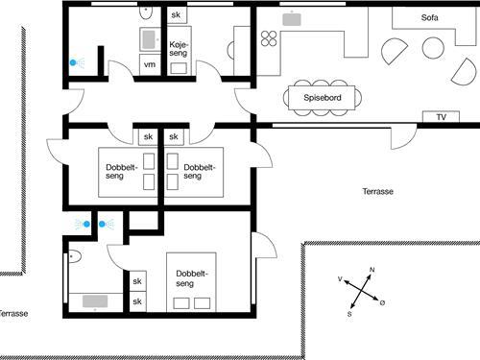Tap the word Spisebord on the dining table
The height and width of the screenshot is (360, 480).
(x=322, y=97)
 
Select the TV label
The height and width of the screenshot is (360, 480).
(x=441, y=117)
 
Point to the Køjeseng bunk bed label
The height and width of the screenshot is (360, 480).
(x=179, y=51)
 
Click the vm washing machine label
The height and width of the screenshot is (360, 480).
(x=149, y=63)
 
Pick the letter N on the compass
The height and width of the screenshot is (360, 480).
(x=372, y=271)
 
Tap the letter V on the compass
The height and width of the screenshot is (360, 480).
(x=342, y=278)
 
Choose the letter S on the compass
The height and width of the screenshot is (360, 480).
(x=349, y=314)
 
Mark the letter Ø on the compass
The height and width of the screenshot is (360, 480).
(x=382, y=303)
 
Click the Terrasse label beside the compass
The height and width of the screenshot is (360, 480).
(x=378, y=191)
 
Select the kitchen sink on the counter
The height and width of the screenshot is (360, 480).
(x=292, y=17)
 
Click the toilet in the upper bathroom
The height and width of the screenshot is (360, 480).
(x=144, y=12)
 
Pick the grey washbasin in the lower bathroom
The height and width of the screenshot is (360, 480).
(x=94, y=301)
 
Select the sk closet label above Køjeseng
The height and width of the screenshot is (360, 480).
(x=176, y=16)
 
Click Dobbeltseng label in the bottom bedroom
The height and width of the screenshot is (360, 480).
(x=192, y=277)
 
